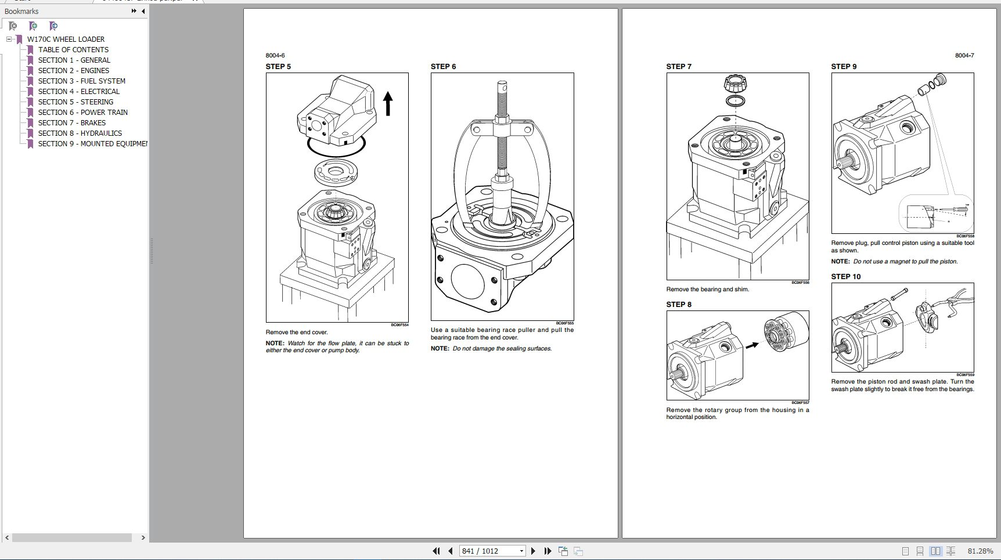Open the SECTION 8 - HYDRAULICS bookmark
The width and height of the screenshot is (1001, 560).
tap(80, 133)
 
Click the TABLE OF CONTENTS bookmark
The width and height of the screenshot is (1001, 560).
tap(73, 49)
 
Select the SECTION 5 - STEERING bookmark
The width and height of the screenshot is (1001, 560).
tap(75, 102)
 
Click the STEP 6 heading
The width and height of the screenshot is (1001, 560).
tap(443, 66)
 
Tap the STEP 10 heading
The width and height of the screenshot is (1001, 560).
tap(845, 276)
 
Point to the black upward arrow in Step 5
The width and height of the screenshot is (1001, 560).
tap(388, 104)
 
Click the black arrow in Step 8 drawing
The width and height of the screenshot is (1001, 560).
tap(752, 345)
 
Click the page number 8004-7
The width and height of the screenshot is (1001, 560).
tap(964, 55)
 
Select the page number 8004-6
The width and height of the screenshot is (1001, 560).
tap(275, 55)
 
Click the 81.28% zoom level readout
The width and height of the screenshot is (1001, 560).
tap(980, 551)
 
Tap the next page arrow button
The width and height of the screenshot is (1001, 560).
tap(533, 551)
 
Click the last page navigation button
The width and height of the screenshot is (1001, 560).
tap(548, 551)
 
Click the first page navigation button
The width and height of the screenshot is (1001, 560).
tap(436, 551)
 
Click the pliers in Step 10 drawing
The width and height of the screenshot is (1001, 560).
tap(958, 302)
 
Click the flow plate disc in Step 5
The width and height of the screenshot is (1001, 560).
tap(335, 171)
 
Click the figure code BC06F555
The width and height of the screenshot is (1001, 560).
tap(564, 323)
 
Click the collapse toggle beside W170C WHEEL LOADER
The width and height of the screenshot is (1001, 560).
tap(9, 39)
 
